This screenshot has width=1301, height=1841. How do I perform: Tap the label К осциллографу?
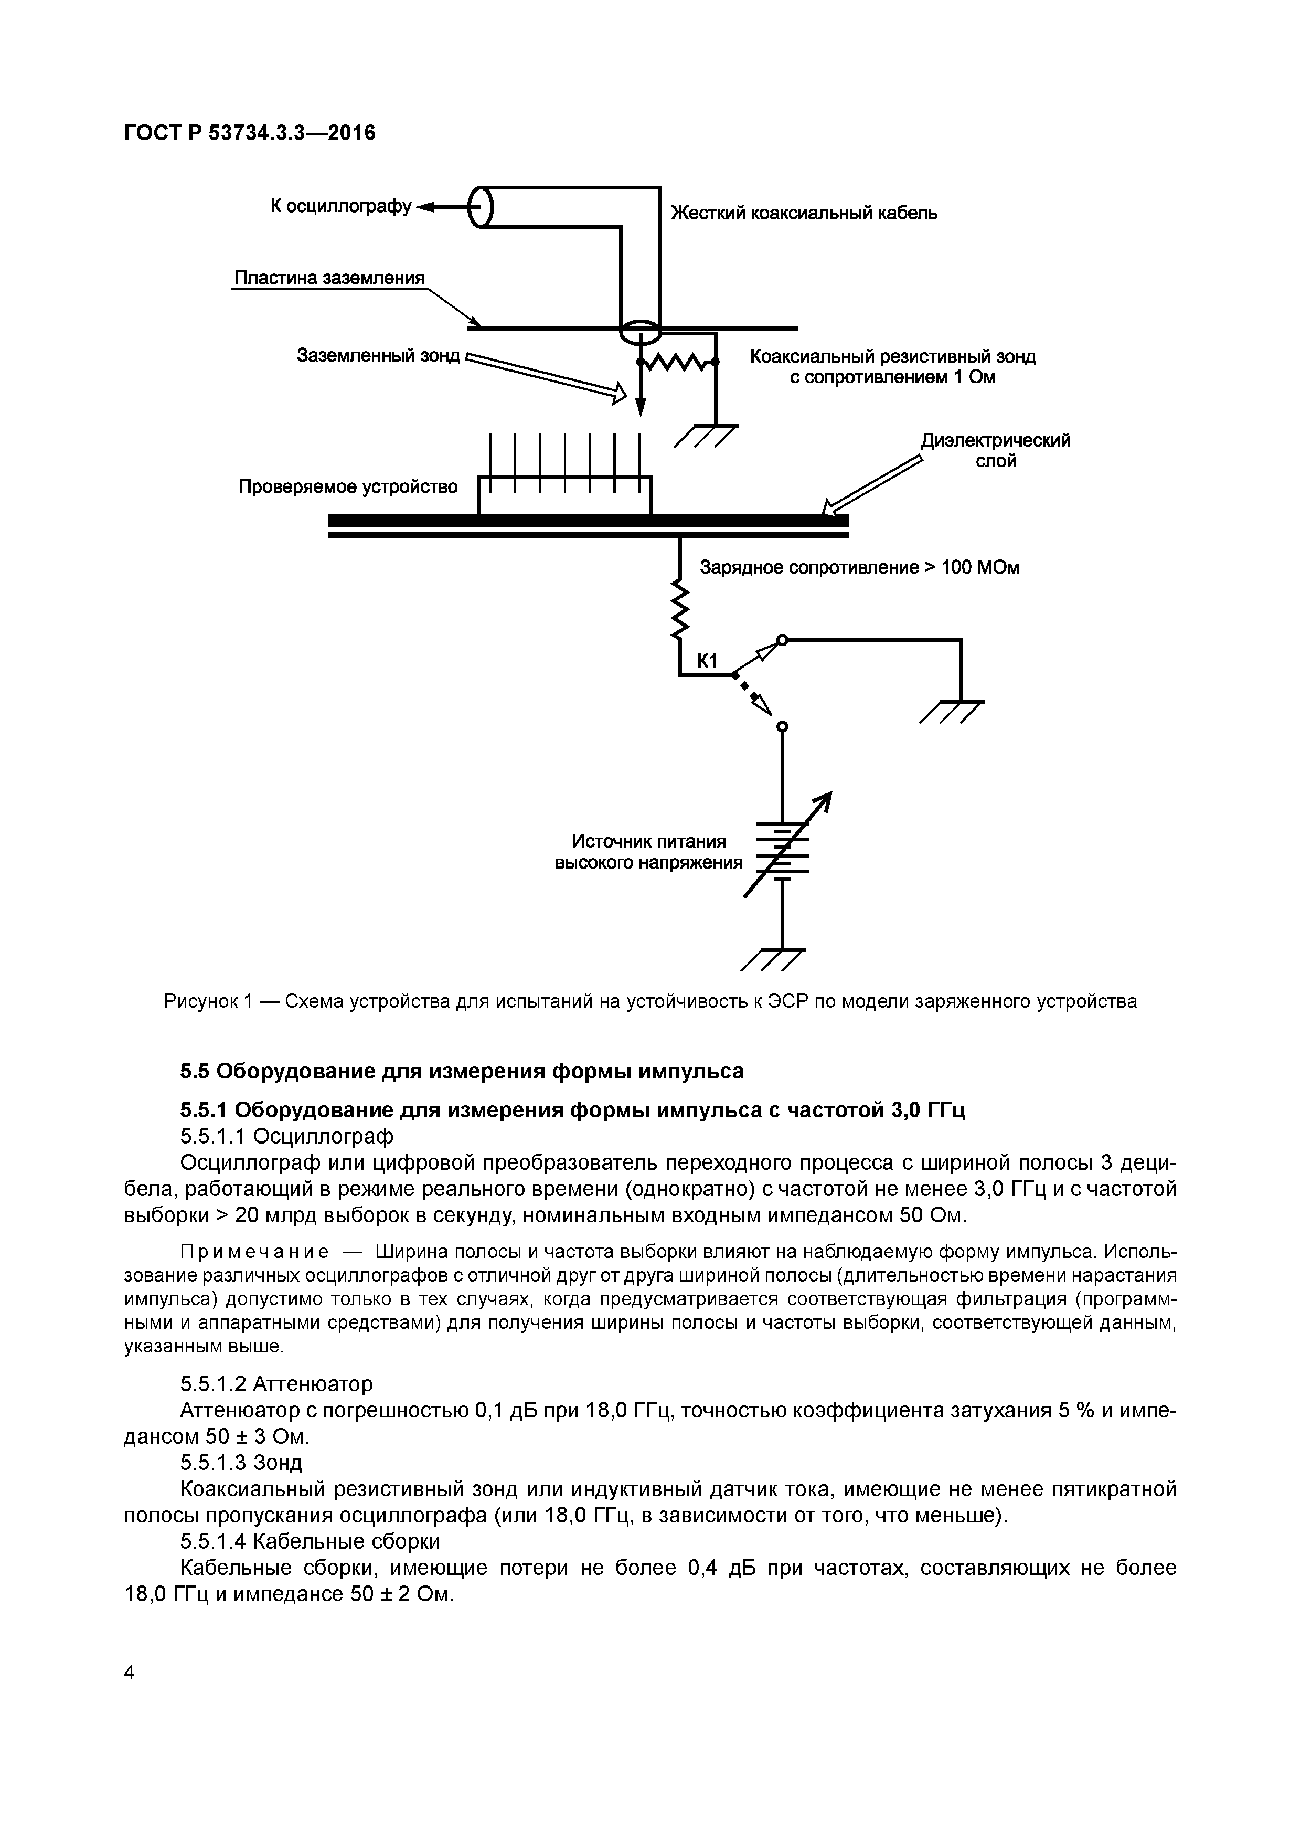340,207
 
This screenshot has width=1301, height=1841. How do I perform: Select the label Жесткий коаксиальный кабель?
804,213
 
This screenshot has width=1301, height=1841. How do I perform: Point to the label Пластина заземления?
328,278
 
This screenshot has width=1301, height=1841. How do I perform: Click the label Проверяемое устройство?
348,486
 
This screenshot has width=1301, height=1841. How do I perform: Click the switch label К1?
706,661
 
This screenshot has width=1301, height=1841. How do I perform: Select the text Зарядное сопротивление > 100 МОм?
859,568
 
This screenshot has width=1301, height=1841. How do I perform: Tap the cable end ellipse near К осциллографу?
482,207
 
